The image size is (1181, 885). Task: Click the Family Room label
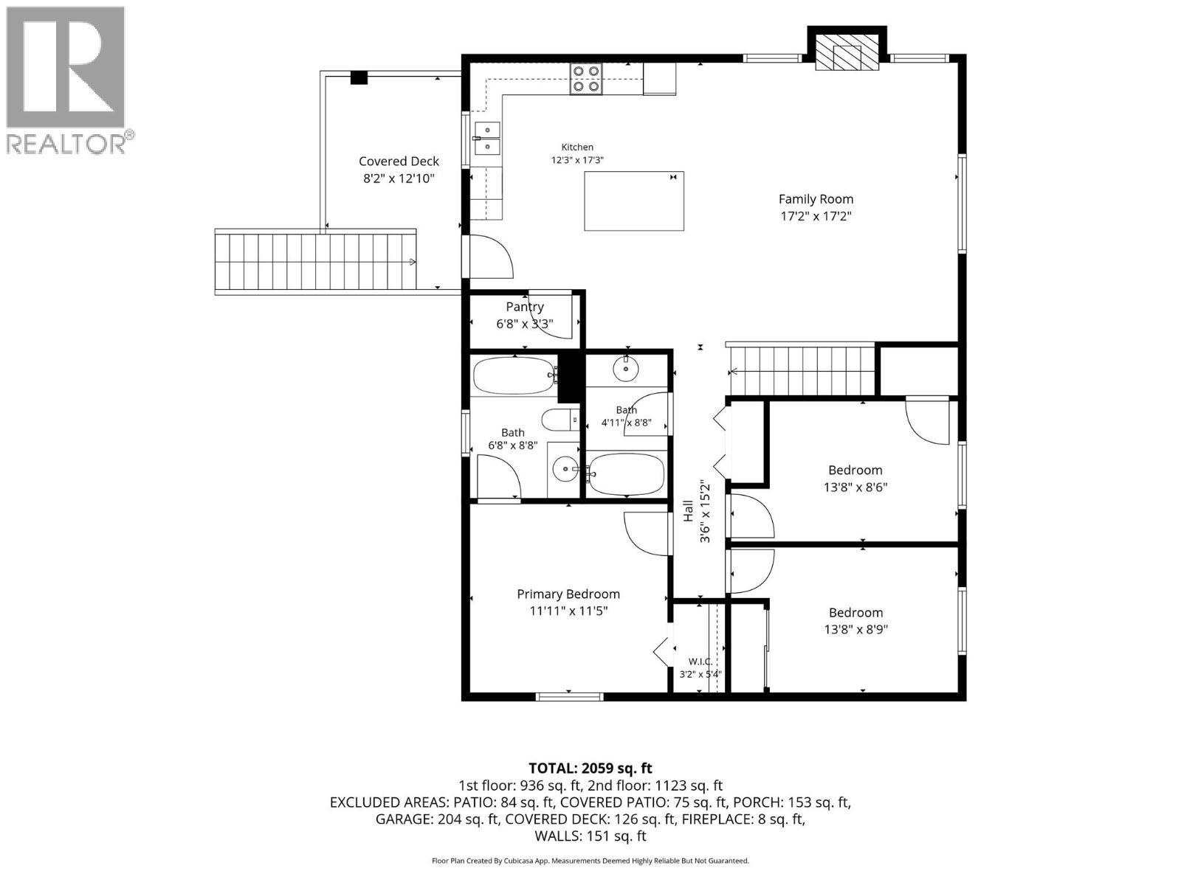coord(816,199)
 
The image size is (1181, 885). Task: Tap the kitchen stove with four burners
coord(587,79)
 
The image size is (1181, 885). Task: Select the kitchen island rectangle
coord(634,201)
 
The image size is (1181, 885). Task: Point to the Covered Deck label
coord(399,162)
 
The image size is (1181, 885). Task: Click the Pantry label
coord(525,307)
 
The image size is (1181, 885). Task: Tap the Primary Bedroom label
coord(568,594)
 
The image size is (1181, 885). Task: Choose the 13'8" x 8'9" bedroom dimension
coord(855,629)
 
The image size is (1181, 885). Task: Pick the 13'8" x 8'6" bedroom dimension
coord(855,487)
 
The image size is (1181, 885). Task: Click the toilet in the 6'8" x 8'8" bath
coord(560,420)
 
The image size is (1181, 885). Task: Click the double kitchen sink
coord(487,138)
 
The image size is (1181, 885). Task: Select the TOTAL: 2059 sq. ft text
coord(590,768)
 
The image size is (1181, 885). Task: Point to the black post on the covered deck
coord(359,78)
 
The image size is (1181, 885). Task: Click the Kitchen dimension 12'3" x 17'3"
coord(577,160)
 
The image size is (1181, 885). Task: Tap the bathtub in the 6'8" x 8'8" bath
coord(514,375)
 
